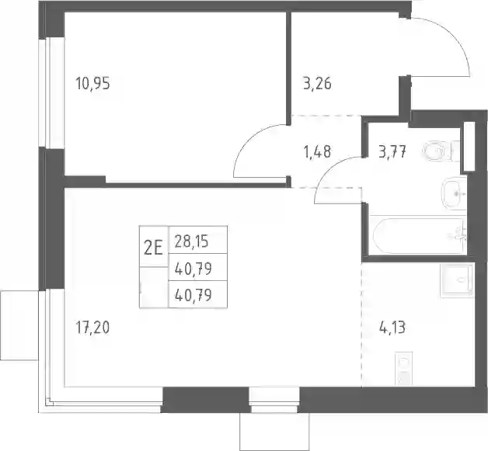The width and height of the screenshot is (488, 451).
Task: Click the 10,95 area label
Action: pyautogui.click(x=92, y=84)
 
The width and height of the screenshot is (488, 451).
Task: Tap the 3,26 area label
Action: pyautogui.click(x=317, y=84)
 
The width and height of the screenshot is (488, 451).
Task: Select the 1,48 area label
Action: pyautogui.click(x=317, y=151)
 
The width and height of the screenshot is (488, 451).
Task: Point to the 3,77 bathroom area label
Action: pyautogui.click(x=392, y=152)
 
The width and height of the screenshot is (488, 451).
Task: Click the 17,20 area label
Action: pyautogui.click(x=92, y=328)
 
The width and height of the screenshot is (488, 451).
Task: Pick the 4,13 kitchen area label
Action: pyautogui.click(x=392, y=328)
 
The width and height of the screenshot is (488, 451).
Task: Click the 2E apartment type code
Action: pyautogui.click(x=153, y=248)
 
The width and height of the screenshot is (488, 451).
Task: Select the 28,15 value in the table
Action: pyautogui.click(x=191, y=241)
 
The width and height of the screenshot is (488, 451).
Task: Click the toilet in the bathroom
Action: pyautogui.click(x=441, y=151)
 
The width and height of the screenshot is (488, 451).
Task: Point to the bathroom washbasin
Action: pyautogui.click(x=454, y=194)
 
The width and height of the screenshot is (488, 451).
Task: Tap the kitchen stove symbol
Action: pyautogui.click(x=403, y=369)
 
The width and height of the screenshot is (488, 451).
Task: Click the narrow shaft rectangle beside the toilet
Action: pyautogui.click(x=469, y=146)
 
